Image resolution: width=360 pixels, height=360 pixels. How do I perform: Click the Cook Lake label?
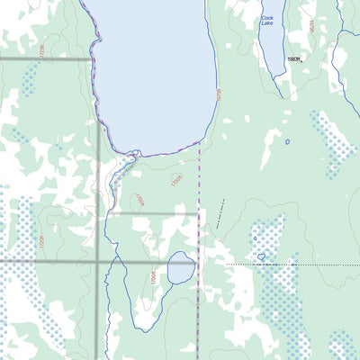pyautogui.click(x=267, y=21)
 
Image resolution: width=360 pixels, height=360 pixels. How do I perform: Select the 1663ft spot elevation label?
pyautogui.click(x=293, y=58)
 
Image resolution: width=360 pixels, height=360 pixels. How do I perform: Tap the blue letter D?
pyautogui.click(x=288, y=141)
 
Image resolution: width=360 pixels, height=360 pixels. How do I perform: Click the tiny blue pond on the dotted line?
pyautogui.click(x=261, y=257)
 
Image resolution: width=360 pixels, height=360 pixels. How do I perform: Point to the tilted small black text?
pyautogui.click(x=219, y=217)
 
